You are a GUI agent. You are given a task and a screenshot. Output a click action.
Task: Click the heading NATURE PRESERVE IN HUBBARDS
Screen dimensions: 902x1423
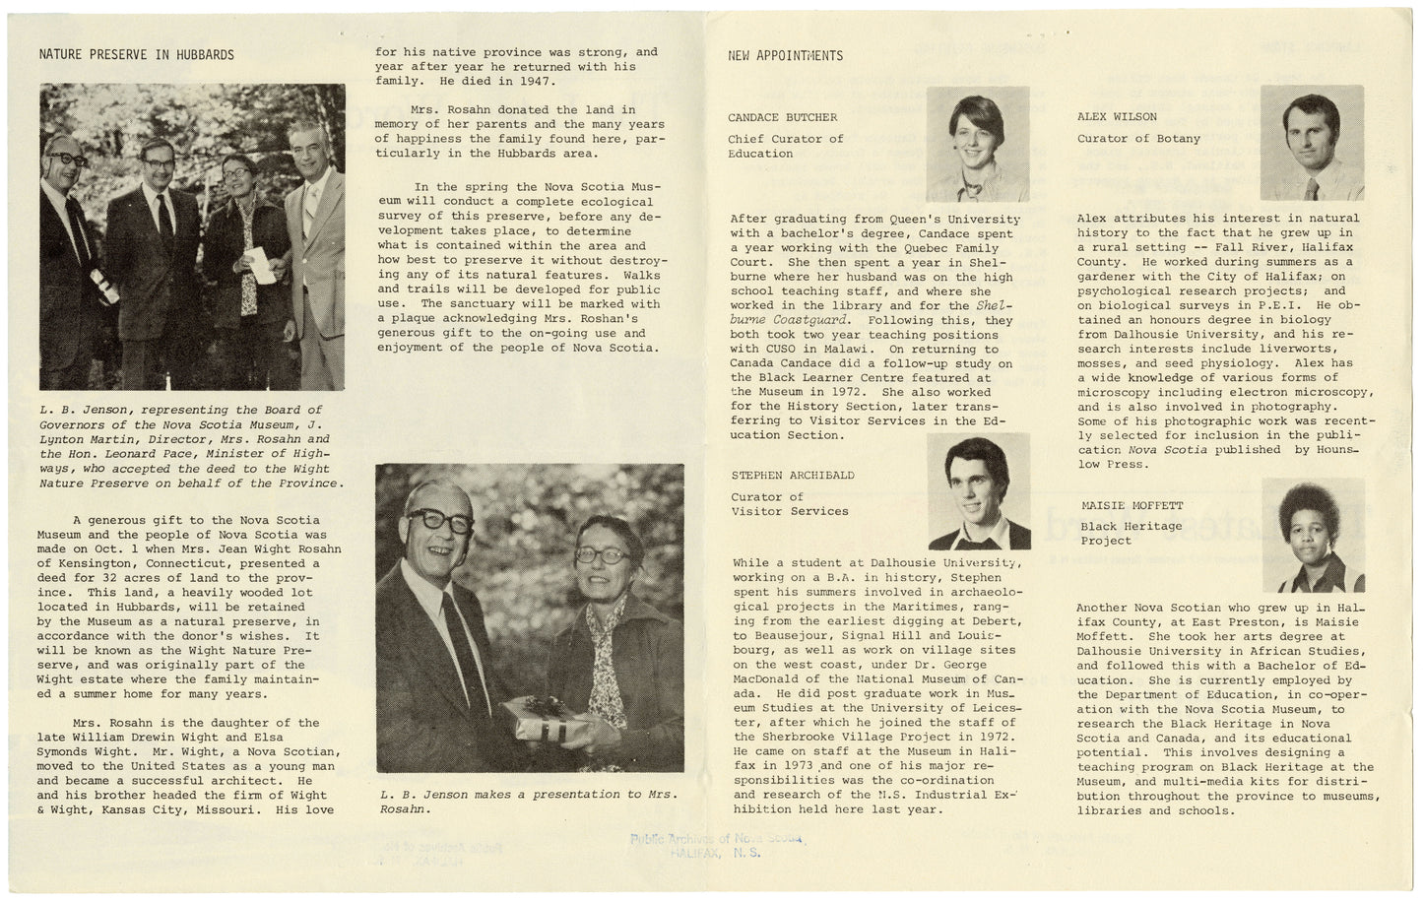[x=137, y=55]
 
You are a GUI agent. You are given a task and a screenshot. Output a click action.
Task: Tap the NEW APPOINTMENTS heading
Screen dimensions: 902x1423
[x=785, y=56]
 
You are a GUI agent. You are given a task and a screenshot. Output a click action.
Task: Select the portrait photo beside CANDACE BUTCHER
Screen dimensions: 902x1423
[x=977, y=143]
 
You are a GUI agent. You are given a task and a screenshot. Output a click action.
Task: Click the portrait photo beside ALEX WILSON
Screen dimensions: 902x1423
[x=1313, y=142]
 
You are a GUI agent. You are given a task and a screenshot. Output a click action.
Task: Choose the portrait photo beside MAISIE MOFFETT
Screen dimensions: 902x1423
[x=1314, y=535]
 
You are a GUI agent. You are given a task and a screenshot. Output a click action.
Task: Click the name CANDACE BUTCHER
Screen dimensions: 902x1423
[x=783, y=117]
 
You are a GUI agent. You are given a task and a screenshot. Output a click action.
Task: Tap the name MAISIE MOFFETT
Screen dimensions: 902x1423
[x=1132, y=506]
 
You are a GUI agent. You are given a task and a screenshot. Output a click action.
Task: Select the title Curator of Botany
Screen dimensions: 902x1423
[x=1138, y=139]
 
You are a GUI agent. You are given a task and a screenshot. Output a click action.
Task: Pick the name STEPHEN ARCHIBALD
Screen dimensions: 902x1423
[x=793, y=476]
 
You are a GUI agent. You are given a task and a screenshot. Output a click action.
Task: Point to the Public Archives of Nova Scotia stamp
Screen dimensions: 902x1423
[x=716, y=846]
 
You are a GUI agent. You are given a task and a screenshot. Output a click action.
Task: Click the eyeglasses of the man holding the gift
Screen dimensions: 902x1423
[x=439, y=521]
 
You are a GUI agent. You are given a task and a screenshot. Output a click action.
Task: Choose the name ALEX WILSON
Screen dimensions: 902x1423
[x=1117, y=116]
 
